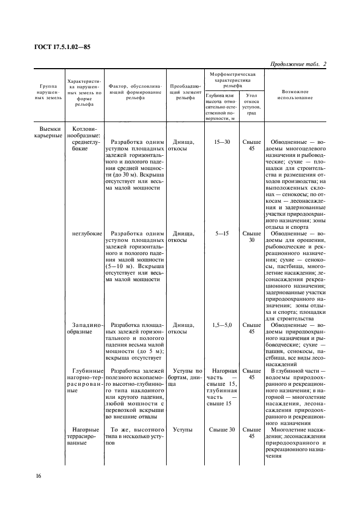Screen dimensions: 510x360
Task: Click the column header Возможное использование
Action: click(x=295, y=94)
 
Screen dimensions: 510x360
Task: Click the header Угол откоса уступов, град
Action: click(x=251, y=104)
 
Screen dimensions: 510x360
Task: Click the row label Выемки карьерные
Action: click(x=46, y=132)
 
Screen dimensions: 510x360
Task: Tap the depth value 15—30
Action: click(x=222, y=142)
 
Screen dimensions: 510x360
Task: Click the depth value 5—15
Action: click(x=222, y=233)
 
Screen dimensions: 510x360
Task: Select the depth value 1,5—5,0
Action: click(x=222, y=325)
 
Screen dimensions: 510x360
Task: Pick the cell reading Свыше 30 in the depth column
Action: click(x=222, y=429)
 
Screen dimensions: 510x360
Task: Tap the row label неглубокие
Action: click(x=87, y=233)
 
